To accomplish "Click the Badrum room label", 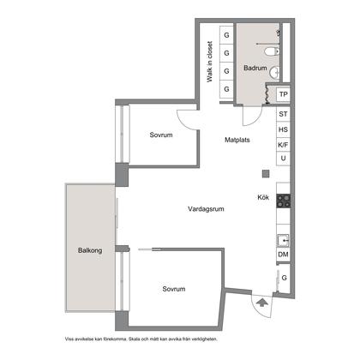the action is [x=255, y=68].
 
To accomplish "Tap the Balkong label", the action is [x=90, y=250].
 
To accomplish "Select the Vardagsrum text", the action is [x=206, y=209].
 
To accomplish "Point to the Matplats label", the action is [x=237, y=140].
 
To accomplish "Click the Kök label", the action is [x=263, y=197].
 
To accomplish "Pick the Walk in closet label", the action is [x=210, y=62].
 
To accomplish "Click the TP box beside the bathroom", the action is [x=283, y=94].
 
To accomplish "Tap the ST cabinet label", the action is [x=283, y=114].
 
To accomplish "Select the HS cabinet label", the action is [x=283, y=129].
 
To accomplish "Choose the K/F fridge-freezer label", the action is [x=283, y=145].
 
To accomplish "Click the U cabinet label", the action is [x=283, y=158].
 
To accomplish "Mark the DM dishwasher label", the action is [x=283, y=254].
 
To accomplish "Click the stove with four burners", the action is [x=284, y=201].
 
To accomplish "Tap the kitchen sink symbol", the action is [x=284, y=241].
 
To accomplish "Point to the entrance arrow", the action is [x=261, y=303].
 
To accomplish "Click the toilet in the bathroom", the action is [x=272, y=51].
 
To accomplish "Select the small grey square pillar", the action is [x=266, y=173].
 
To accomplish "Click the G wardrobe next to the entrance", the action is [x=284, y=278].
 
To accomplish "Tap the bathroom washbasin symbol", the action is [x=275, y=72].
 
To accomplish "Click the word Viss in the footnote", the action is [x=69, y=339].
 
